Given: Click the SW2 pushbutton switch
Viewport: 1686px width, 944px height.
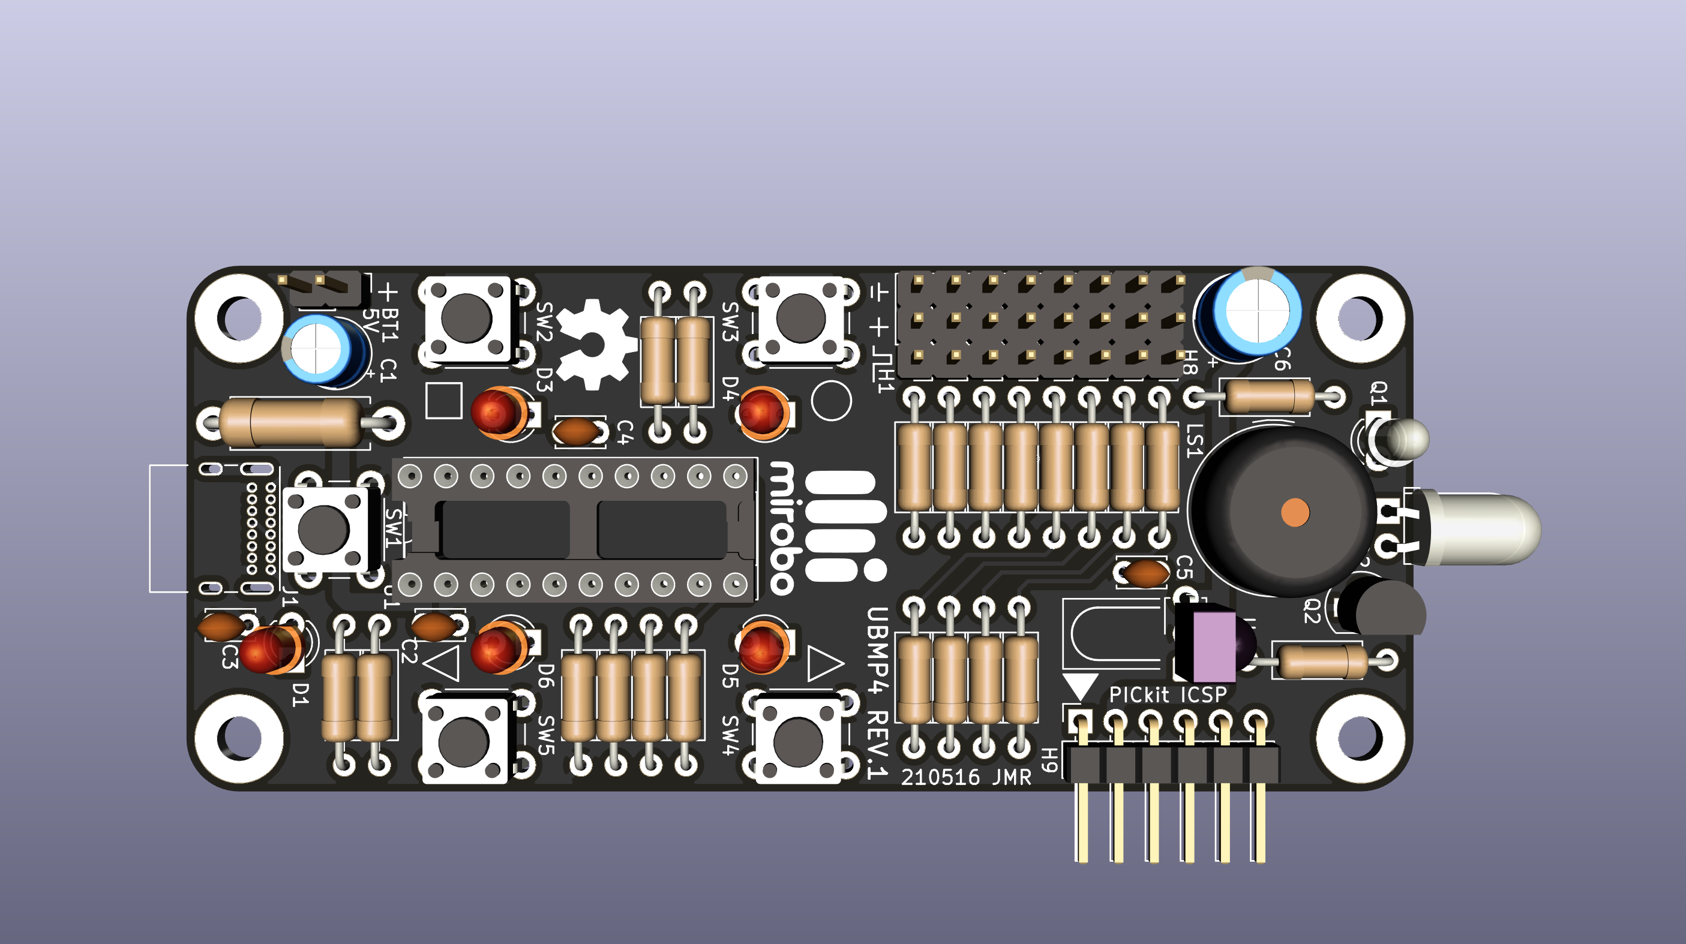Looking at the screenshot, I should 466,318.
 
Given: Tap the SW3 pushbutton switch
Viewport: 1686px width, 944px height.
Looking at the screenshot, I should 800,318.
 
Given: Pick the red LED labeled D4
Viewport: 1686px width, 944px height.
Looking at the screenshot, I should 763,412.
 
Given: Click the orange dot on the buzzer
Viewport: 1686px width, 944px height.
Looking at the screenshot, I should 1295,512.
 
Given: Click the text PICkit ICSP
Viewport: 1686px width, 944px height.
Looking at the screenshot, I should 1168,695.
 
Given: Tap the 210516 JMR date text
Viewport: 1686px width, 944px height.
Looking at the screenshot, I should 966,777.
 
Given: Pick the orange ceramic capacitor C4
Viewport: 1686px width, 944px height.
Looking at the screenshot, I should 576,431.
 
